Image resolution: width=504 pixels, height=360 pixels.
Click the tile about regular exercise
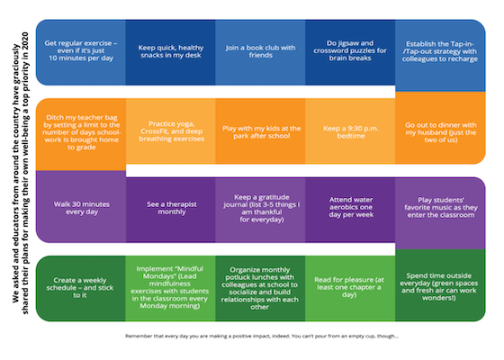81,52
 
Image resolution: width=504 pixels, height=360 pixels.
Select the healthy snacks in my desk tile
170,52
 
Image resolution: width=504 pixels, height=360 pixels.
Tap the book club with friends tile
260,52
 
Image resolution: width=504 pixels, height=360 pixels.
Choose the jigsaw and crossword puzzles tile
350,52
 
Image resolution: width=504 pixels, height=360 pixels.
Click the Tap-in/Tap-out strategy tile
440,55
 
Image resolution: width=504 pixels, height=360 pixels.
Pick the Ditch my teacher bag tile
81,134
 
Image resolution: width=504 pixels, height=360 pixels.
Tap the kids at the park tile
260,131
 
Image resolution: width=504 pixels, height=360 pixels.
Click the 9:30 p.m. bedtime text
351,132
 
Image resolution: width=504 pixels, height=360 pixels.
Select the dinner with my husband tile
440,128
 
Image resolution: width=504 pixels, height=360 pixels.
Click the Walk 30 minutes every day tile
81,206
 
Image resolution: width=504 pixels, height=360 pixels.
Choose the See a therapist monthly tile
171,210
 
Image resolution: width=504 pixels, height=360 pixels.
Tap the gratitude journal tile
260,210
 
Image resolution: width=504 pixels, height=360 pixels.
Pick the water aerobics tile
350,210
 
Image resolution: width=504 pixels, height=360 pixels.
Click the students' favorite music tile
440,213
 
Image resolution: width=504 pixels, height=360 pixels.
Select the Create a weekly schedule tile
81,288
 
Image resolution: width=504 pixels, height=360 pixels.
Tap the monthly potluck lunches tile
260,288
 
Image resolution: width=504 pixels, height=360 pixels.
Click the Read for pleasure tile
350,288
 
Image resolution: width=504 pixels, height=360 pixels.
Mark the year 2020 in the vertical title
25,40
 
